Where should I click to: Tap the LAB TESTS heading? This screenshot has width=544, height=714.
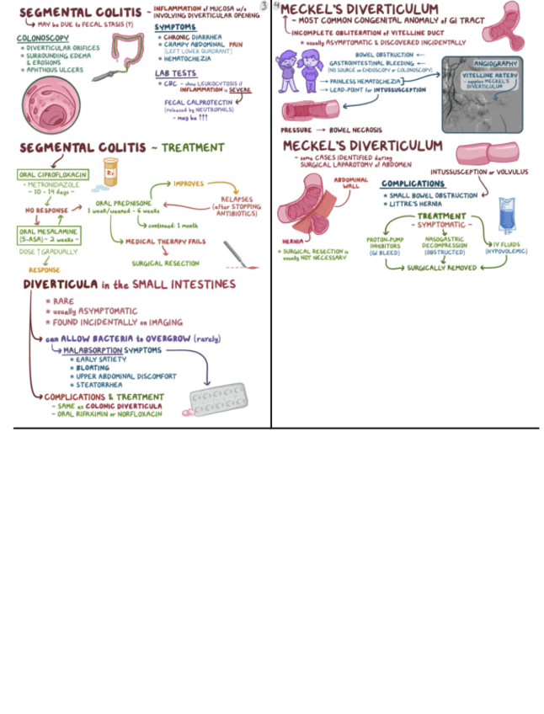175,73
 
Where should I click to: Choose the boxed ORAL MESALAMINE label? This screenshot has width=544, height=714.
47,234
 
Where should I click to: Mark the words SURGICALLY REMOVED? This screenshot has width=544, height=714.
441,268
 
